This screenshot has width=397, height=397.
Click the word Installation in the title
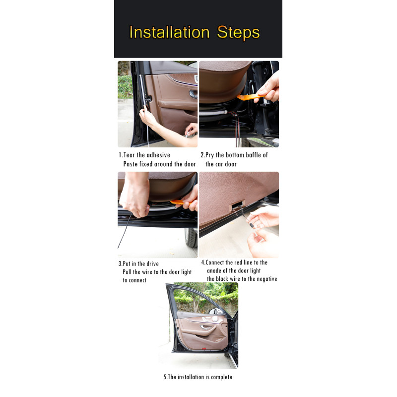169,32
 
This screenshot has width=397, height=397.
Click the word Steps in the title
238,33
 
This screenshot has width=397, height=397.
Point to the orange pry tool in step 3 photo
180,202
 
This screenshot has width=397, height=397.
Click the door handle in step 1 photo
194,94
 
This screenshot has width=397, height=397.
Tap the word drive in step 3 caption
152,264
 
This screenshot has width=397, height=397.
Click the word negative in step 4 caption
267,279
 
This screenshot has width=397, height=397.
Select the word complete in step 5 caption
221,377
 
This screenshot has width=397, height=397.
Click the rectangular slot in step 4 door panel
238,204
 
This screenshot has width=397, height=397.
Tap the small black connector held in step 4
252,225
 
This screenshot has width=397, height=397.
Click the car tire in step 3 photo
192,238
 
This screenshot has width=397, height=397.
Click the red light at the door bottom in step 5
204,349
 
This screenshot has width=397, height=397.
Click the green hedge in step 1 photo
125,87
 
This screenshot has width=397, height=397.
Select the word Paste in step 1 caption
131,164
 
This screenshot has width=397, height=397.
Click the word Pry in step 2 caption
209,155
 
